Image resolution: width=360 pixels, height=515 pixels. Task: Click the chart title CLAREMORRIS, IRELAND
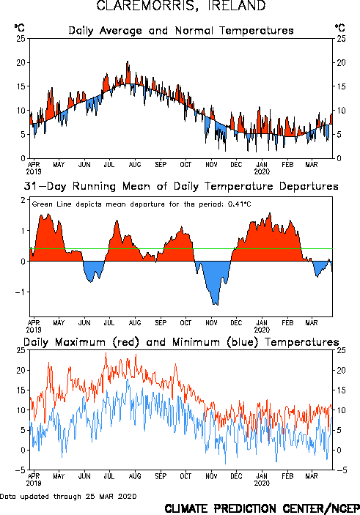(181, 6)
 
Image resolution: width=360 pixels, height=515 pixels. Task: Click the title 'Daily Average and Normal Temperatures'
(181, 31)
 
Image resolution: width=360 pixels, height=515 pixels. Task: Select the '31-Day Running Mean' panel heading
(181, 186)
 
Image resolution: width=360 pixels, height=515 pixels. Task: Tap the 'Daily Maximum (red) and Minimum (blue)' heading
(181, 342)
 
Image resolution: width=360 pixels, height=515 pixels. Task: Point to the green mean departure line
(181, 248)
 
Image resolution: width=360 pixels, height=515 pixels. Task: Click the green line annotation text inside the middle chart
(142, 204)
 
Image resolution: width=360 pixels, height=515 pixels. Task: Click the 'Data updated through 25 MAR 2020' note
(68, 496)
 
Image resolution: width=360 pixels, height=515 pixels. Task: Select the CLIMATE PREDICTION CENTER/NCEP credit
(262, 508)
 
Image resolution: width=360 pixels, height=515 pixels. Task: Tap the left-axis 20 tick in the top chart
(21, 62)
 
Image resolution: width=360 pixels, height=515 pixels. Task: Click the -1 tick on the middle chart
(20, 292)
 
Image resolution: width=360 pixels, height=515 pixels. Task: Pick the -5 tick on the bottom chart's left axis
(20, 470)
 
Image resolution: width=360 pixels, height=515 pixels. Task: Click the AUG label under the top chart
(135, 165)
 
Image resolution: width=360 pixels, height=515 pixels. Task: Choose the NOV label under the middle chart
(211, 323)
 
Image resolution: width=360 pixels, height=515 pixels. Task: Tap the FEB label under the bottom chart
(287, 476)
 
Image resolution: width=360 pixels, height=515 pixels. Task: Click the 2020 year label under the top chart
(262, 171)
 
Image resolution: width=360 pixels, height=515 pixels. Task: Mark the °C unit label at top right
(340, 28)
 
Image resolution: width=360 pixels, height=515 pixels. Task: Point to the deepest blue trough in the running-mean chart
(216, 303)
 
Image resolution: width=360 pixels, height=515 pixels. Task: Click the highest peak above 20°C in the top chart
(128, 62)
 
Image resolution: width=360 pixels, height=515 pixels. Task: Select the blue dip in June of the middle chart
(91, 280)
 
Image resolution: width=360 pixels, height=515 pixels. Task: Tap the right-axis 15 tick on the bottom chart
(341, 390)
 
